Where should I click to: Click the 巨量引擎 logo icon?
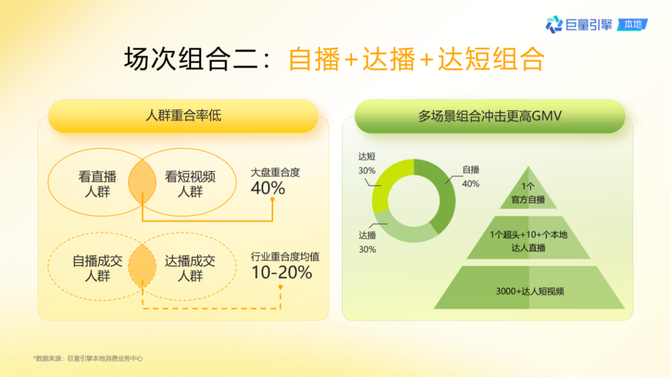554,24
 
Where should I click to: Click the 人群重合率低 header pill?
183,116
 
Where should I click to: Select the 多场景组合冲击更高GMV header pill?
490,116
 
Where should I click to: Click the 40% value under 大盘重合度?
268,188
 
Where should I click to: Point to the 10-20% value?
281,272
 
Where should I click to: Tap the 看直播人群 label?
97,184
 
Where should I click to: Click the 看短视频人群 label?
190,184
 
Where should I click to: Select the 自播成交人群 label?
97,268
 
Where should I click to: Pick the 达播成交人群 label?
190,268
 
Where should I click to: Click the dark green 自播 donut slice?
442,193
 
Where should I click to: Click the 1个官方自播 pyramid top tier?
529,193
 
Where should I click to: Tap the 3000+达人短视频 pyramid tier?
529,290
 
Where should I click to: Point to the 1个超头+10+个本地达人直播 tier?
529,241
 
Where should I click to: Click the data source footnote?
88,358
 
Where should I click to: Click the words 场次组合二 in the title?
191,60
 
